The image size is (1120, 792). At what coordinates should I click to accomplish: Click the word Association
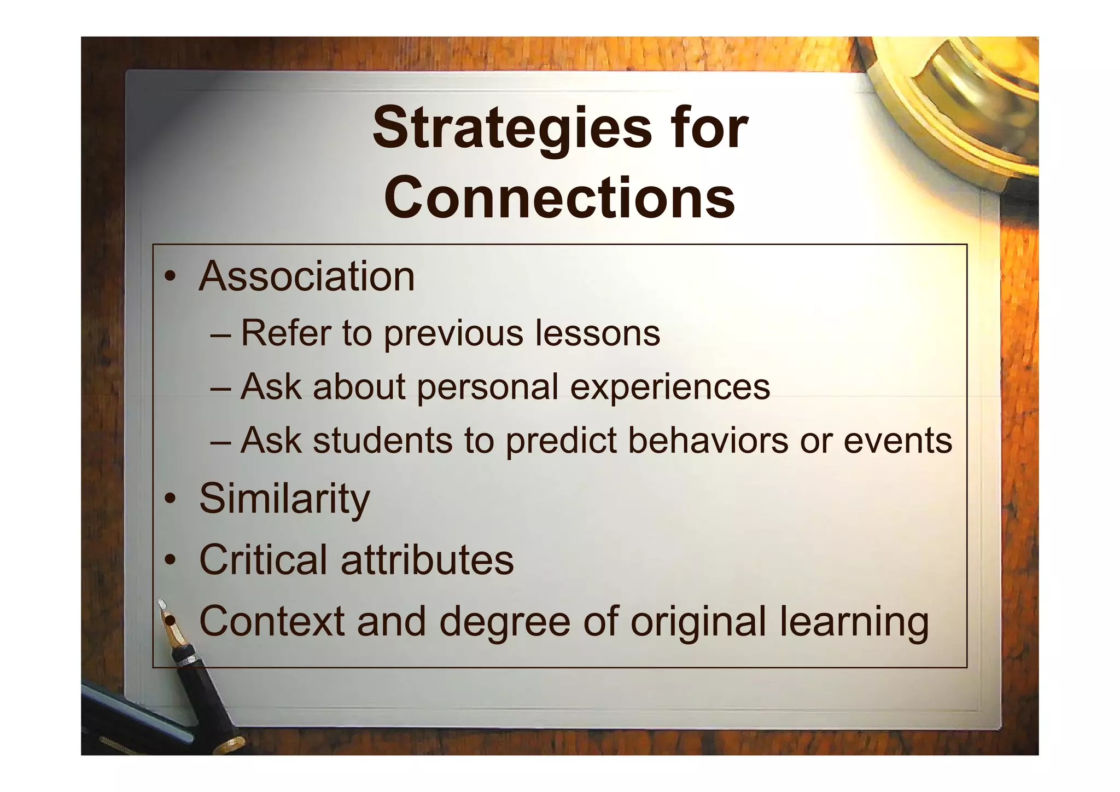click(x=307, y=276)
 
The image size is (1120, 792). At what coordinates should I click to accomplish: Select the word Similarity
click(x=284, y=498)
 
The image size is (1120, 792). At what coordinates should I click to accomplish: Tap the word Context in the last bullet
click(x=272, y=621)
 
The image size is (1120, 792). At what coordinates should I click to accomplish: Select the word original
click(x=698, y=622)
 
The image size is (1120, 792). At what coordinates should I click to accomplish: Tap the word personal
click(x=487, y=387)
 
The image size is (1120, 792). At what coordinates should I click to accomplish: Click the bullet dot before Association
click(x=171, y=276)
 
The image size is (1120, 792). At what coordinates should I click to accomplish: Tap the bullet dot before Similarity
click(x=171, y=498)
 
